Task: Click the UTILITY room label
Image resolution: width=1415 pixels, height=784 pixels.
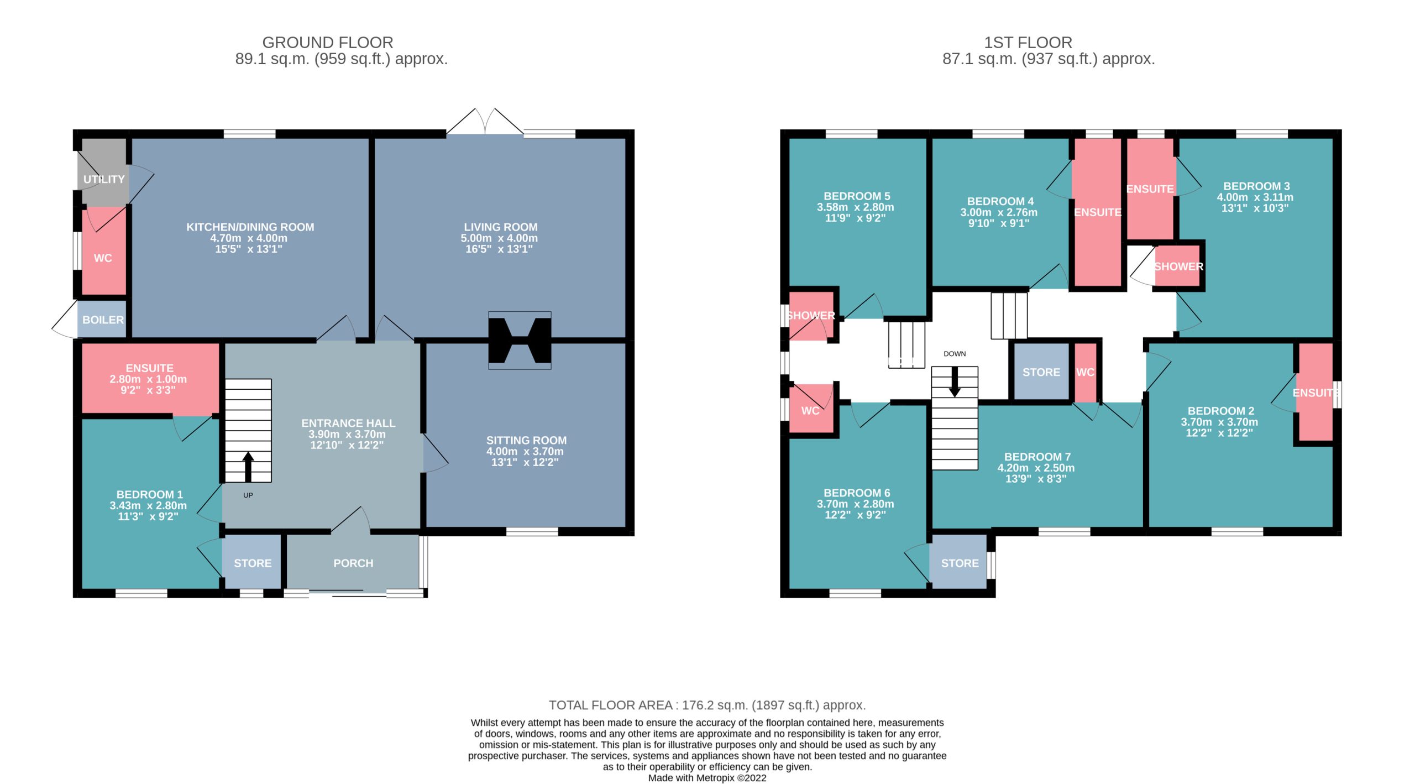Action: point(104,179)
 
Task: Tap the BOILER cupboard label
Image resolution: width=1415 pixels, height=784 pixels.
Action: point(103,320)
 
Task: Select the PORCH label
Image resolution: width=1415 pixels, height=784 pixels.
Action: point(353,563)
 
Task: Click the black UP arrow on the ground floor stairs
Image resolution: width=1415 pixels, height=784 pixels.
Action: point(248,467)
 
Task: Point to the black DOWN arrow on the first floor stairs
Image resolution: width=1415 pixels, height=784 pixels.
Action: point(955,382)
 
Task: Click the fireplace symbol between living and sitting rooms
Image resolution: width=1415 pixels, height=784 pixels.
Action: point(520,340)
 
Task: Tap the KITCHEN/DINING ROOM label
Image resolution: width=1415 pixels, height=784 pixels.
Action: point(250,227)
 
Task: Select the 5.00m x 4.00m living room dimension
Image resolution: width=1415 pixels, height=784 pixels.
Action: point(499,238)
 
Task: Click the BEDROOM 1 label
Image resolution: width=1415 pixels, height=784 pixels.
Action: point(149,494)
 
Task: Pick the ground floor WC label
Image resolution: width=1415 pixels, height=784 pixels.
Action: point(103,258)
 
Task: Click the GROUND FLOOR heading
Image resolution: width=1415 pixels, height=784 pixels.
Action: point(328,43)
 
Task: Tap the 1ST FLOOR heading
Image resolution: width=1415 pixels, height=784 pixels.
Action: point(1028,43)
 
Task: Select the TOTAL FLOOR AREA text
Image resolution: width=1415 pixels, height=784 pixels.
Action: point(707,705)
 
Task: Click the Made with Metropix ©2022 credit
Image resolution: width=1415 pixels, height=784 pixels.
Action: point(707,778)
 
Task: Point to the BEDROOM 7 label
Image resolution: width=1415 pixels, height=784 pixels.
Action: point(1037,457)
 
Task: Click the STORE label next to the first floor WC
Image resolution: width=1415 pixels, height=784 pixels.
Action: point(1041,372)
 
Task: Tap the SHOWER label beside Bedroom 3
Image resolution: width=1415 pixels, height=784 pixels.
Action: point(1178,266)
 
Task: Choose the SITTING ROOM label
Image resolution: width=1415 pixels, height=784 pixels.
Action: point(526,440)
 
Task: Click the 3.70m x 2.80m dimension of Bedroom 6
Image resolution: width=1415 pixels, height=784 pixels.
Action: point(855,504)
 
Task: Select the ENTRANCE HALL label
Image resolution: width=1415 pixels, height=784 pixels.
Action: point(348,423)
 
